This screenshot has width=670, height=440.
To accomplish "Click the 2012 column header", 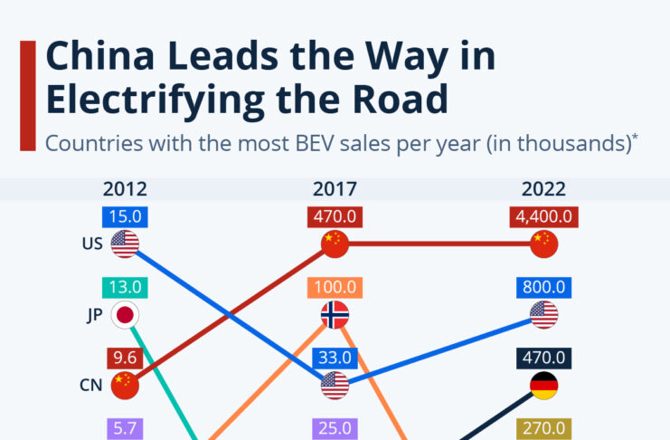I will click(125, 190).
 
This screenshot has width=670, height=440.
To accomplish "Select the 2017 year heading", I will click(335, 190).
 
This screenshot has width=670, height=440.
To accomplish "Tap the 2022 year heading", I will click(543, 190).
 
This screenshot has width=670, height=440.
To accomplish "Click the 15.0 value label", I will click(125, 217).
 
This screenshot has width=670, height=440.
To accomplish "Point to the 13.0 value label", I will click(125, 288).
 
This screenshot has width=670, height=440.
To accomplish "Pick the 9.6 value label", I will click(125, 357).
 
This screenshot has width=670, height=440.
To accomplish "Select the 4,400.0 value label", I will click(543, 217).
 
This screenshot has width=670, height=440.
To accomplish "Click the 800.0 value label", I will click(543, 288).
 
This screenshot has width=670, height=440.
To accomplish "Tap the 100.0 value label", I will click(335, 288).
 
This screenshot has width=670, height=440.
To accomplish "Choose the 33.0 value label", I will click(335, 357).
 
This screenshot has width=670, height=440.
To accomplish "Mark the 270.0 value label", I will click(543, 427).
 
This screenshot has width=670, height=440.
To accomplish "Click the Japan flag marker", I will click(125, 315).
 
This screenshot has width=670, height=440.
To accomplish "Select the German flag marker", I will click(543, 385).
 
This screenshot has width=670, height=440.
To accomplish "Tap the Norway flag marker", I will click(335, 315).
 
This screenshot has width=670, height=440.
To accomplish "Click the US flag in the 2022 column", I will click(543, 315).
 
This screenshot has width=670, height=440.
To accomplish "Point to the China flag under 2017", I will click(335, 244).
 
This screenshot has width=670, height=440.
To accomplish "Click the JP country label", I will click(92, 315).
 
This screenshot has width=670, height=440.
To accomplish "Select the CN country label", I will click(91, 385).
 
